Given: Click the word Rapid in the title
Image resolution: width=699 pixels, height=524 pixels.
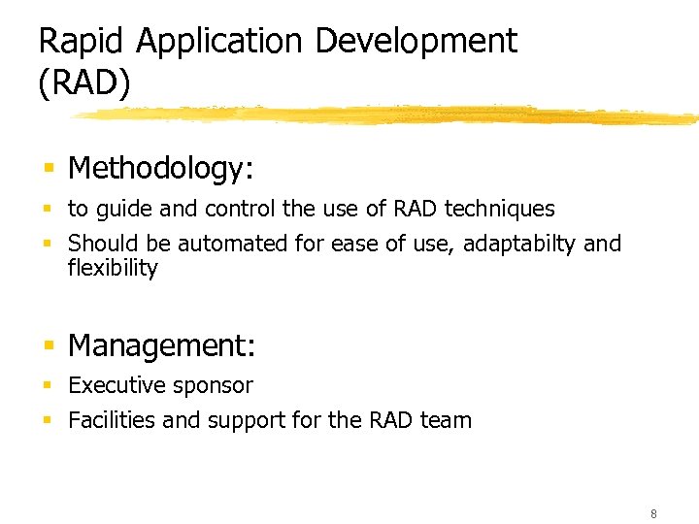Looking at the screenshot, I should pyautogui.click(x=83, y=42).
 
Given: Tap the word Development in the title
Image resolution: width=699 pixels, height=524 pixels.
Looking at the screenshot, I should pyautogui.click(x=416, y=42).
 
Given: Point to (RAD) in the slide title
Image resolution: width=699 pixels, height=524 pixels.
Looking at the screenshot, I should pyautogui.click(x=83, y=82).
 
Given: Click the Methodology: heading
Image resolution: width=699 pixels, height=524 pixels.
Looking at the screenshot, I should pyautogui.click(x=161, y=169).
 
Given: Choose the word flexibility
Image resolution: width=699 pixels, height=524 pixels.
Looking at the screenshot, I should pyautogui.click(x=113, y=268).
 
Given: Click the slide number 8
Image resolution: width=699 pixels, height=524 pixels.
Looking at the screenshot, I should pyautogui.click(x=653, y=513).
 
